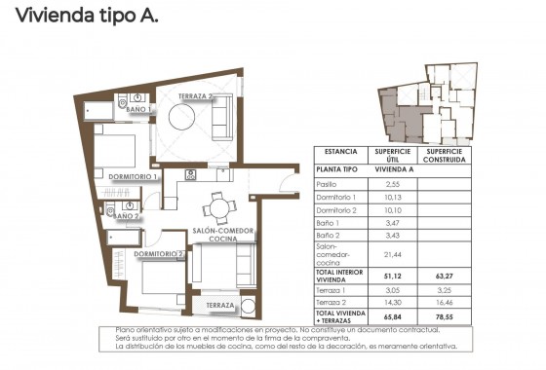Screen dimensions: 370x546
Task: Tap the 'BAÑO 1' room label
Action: [x=138, y=111]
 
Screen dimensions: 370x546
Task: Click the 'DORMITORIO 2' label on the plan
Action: [x=159, y=254]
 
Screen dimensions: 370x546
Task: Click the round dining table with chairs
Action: [x=221, y=207]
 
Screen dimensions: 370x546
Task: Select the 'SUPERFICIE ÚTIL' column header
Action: [x=393, y=154]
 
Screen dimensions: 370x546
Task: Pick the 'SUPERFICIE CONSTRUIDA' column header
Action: [x=445, y=154]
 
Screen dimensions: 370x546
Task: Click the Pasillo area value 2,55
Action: [x=393, y=183]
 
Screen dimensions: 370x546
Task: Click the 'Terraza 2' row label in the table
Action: [x=334, y=304]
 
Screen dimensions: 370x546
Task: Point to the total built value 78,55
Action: [x=445, y=317]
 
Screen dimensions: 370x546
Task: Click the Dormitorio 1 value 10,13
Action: [x=393, y=197]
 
